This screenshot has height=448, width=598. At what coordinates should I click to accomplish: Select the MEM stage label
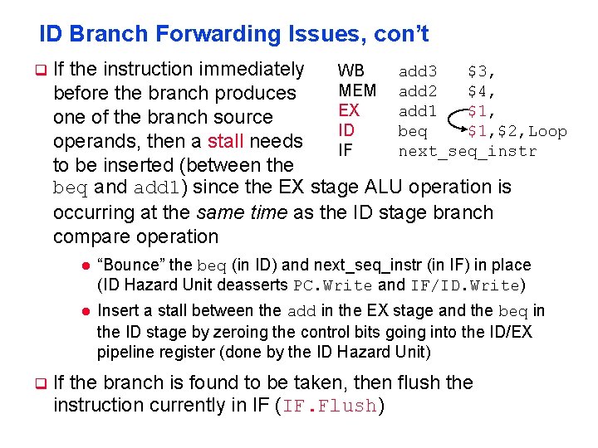[357, 90]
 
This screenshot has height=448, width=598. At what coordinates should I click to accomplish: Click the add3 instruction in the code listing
[418, 72]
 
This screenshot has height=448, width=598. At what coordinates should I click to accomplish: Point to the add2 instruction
[418, 91]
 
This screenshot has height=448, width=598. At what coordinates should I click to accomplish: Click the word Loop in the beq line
[547, 131]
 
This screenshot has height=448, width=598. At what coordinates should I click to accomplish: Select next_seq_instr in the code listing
[468, 151]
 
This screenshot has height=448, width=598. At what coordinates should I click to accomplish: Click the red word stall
[226, 140]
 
